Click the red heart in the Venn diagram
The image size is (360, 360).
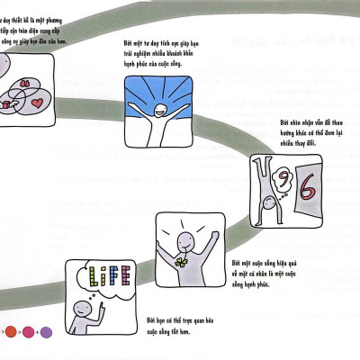[x=37, y=104]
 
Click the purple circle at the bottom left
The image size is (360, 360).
[x=46, y=332]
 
